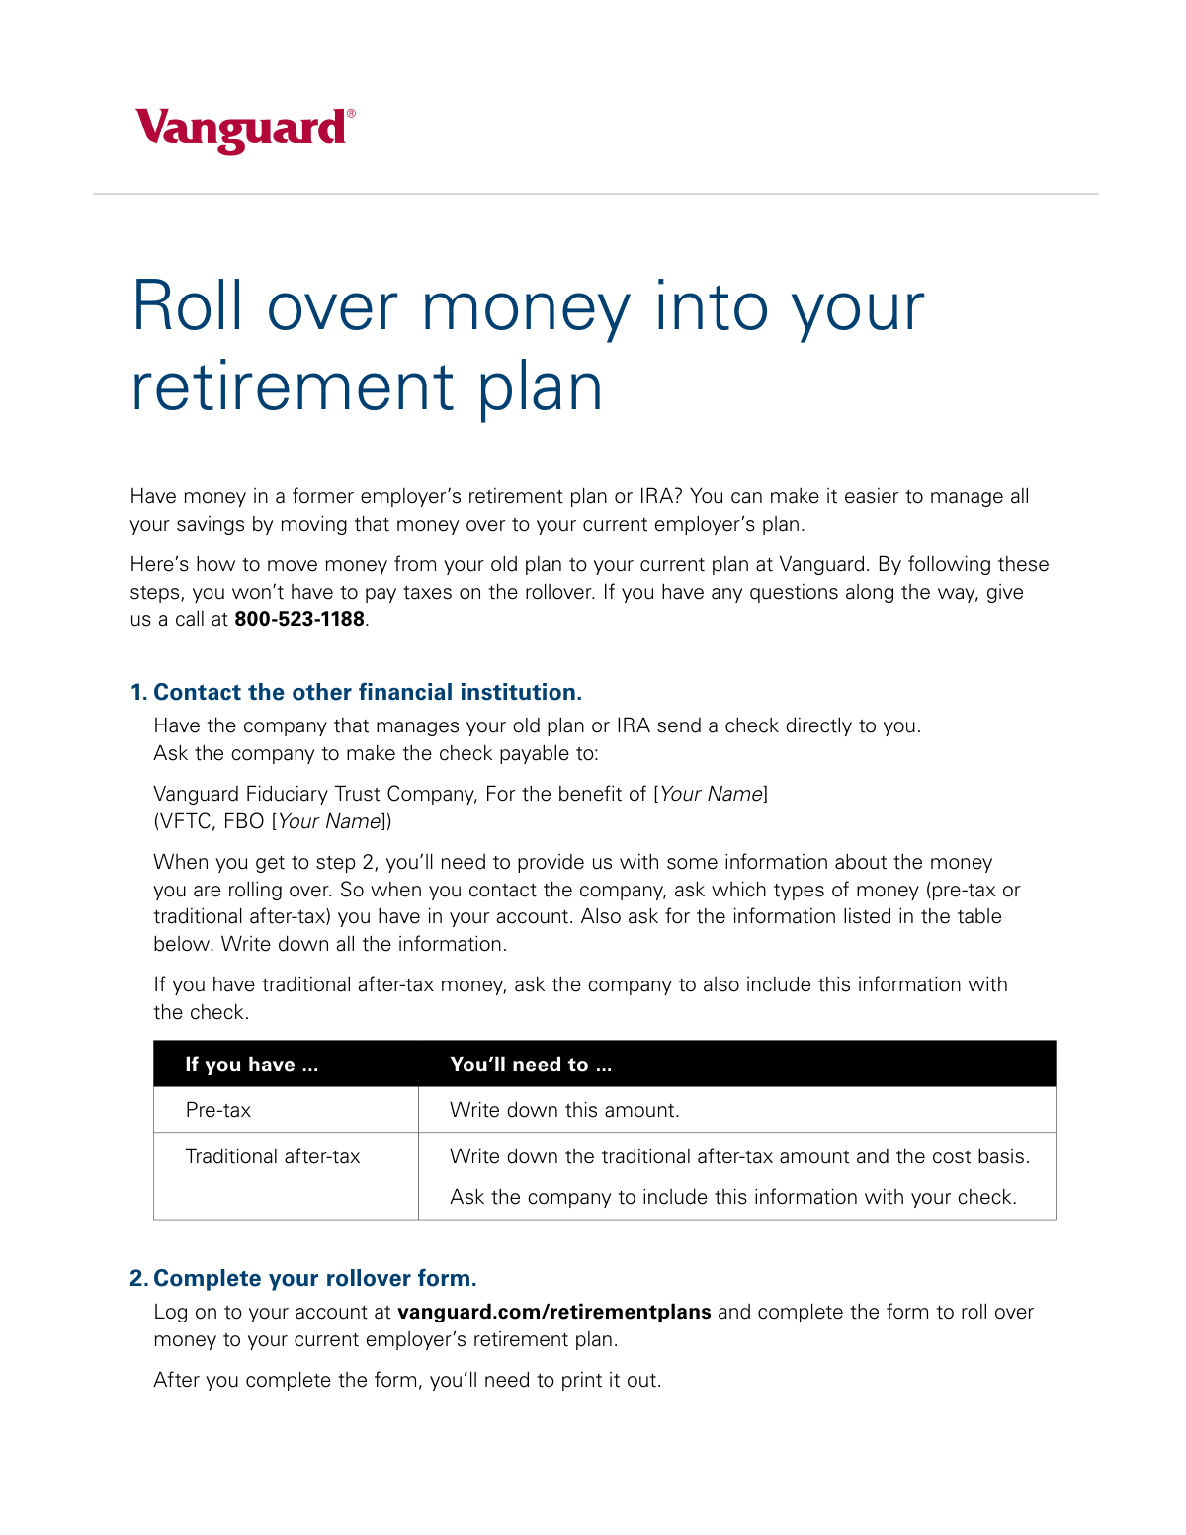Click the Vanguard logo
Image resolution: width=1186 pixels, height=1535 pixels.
(x=241, y=130)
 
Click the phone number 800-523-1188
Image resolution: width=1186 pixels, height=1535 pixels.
(x=298, y=620)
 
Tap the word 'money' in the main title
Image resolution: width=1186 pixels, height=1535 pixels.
(x=525, y=306)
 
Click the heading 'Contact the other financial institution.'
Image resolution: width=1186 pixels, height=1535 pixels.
(x=368, y=692)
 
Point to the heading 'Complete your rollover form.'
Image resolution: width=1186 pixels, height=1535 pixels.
(x=315, y=1278)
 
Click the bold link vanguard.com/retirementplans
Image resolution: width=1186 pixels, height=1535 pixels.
(x=553, y=1312)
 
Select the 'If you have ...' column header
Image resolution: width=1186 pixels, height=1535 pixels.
(x=252, y=1065)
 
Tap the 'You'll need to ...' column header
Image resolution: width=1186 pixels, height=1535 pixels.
(x=531, y=1065)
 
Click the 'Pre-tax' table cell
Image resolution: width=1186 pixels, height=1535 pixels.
(x=218, y=1110)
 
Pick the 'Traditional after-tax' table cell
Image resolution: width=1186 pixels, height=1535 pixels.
(x=273, y=1156)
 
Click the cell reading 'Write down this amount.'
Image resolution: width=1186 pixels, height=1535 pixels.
(x=564, y=1110)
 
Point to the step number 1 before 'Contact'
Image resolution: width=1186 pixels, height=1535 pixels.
(x=137, y=692)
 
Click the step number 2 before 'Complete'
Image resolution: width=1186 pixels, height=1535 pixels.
(x=137, y=1278)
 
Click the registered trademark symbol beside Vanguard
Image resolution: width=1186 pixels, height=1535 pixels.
(x=351, y=114)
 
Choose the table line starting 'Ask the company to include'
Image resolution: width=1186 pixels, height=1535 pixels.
(x=732, y=1197)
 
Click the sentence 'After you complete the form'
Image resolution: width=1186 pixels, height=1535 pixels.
(x=407, y=1380)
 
